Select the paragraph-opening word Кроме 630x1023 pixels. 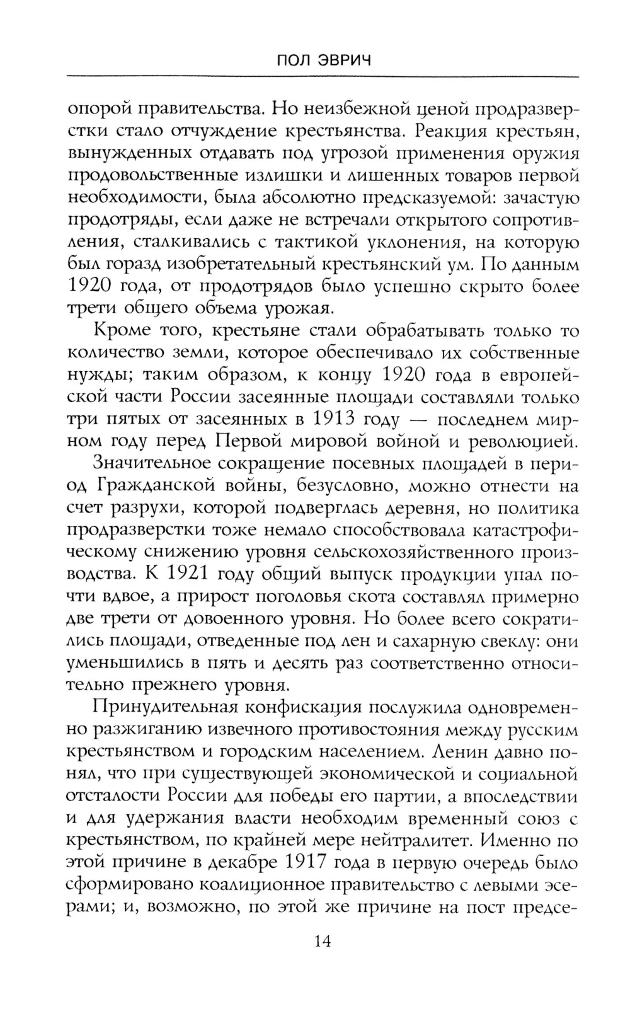pyautogui.click(x=121, y=331)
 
